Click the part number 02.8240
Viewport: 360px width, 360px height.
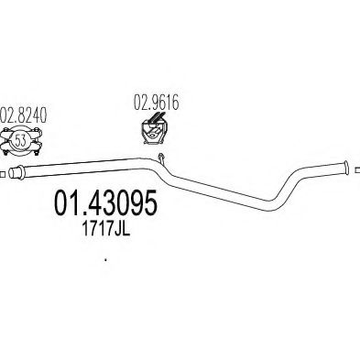click(x=23, y=115)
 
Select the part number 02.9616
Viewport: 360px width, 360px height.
click(x=156, y=103)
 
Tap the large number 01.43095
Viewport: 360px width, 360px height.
click(x=105, y=203)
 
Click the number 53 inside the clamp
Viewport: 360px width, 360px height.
click(x=20, y=141)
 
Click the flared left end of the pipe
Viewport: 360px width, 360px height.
click(x=16, y=172)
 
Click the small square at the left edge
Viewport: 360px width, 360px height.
click(x=2, y=175)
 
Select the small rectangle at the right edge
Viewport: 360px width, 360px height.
click(x=357, y=169)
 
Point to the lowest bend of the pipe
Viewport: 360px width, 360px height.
click(x=270, y=205)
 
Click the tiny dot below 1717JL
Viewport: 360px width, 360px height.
click(x=105, y=260)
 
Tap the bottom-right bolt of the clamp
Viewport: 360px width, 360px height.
click(x=37, y=152)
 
